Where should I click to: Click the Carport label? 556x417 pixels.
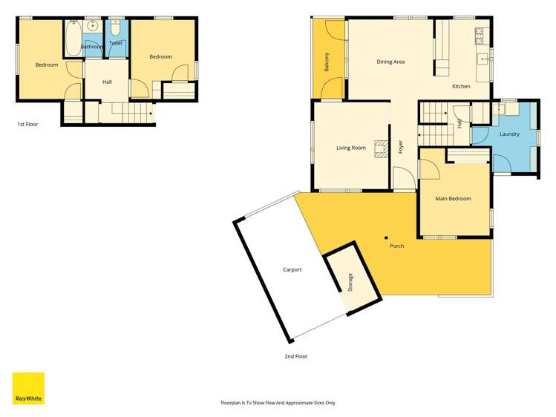(x=292, y=269)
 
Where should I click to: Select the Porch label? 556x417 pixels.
(x=397, y=246)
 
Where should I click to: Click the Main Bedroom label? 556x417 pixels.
(x=453, y=199)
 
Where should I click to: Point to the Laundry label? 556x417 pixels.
(x=509, y=134)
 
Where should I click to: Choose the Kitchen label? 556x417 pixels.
(x=461, y=87)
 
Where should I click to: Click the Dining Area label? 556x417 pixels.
(x=390, y=62)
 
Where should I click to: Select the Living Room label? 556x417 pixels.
(x=351, y=148)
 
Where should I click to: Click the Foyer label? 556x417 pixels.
(x=400, y=146)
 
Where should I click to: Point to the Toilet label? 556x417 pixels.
(x=116, y=43)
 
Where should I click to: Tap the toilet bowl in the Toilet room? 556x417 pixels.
(x=116, y=30)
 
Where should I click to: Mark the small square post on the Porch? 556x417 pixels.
(x=385, y=238)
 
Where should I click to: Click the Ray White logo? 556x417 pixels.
(x=28, y=388)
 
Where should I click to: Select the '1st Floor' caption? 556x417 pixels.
(x=27, y=125)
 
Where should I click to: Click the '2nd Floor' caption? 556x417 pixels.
(x=296, y=356)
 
